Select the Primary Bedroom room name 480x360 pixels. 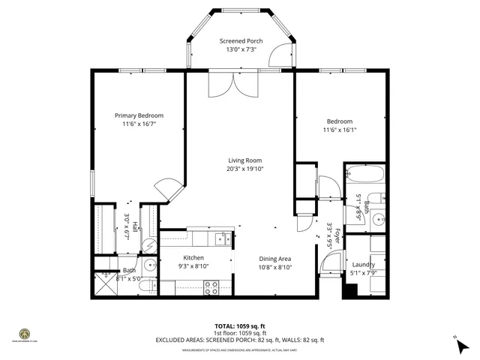pos(139,115)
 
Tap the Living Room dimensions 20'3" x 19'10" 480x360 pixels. pos(244,169)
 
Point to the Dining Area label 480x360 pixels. pos(275,258)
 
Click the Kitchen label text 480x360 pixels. pos(193,258)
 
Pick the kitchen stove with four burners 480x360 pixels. pos(211,286)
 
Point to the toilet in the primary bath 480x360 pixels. pos(148,265)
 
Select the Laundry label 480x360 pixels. pos(363,265)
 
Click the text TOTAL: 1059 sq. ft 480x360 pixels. pos(239,326)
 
